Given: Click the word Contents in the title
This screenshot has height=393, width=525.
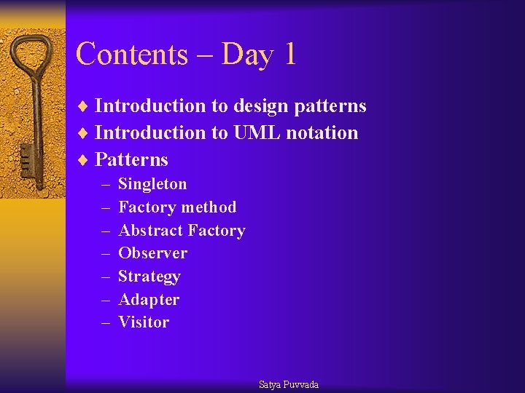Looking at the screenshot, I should (131, 55).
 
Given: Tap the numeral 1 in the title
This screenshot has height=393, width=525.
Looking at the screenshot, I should (289, 55).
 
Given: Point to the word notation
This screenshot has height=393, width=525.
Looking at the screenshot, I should (322, 133).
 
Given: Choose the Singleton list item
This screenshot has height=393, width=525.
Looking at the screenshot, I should (152, 184).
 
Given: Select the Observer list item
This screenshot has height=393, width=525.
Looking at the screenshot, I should (152, 253).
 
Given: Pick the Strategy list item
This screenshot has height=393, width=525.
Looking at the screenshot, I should (149, 277).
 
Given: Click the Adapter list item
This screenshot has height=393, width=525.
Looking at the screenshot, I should (149, 300).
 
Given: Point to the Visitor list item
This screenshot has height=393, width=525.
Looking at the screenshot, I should (144, 322).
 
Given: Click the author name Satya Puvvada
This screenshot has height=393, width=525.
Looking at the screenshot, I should (289, 384).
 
